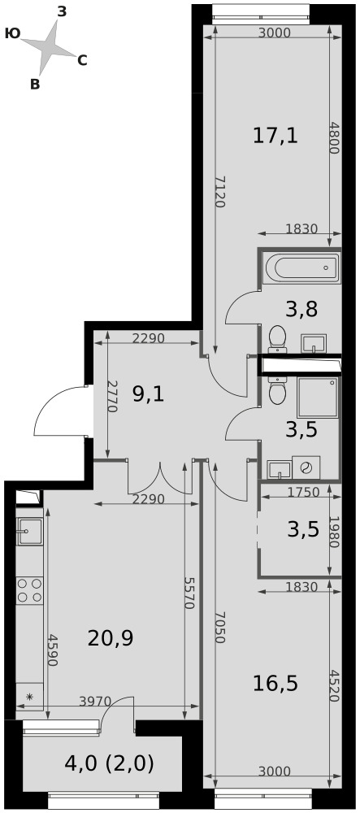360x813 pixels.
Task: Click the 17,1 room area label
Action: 275,136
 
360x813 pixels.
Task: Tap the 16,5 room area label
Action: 275,684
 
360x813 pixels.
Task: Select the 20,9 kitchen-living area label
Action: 111,638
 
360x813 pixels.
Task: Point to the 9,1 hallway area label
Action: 148,395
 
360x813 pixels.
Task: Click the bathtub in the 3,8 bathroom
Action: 301,268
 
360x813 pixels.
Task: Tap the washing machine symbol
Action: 306,467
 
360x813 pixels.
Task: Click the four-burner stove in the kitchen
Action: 29,590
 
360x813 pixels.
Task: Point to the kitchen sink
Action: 29,532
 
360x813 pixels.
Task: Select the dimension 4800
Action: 333,137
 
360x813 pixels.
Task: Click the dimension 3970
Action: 95,702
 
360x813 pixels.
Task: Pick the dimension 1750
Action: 303,493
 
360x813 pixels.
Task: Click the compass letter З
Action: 62,11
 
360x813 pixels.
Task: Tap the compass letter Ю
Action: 12,33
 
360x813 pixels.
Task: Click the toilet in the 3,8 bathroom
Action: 278,338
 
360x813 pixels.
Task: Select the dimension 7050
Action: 219,626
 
